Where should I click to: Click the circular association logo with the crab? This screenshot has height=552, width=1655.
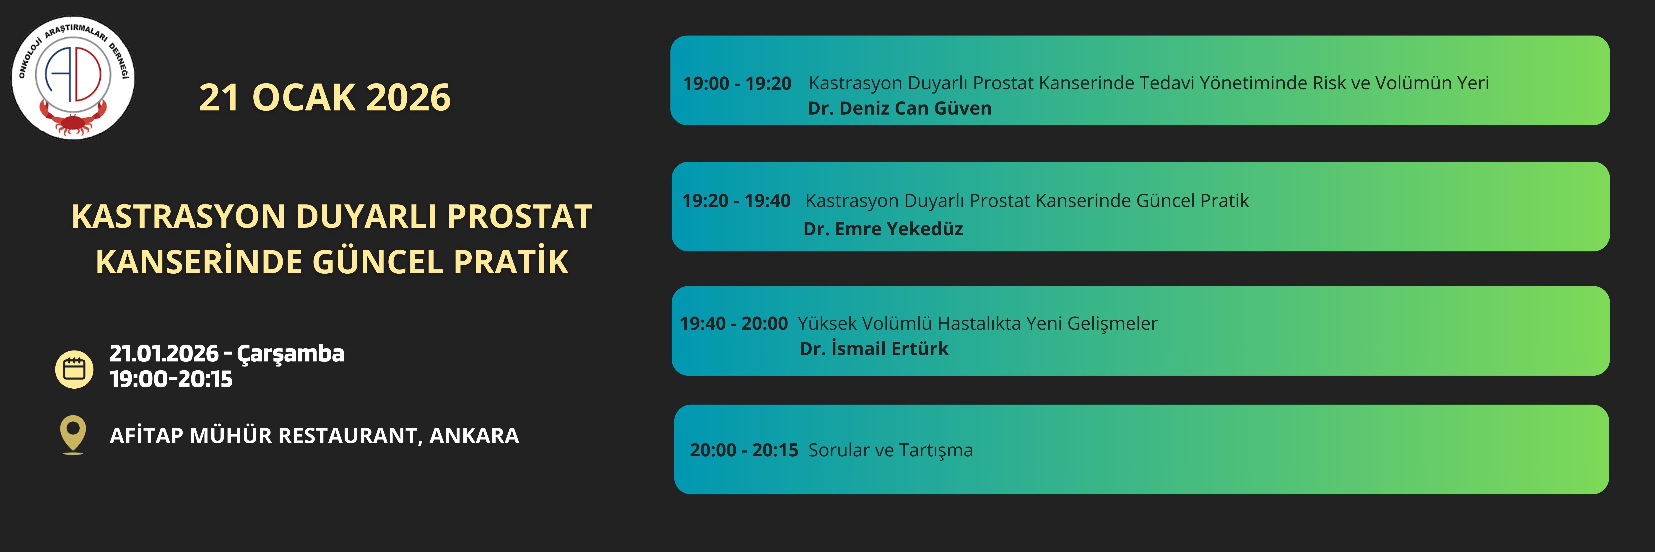73,78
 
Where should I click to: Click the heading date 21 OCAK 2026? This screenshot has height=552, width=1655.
325,98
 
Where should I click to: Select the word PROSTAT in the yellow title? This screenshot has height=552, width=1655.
520,217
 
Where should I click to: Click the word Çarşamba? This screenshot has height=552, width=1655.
290,354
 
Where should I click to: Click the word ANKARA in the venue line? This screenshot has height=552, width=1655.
474,436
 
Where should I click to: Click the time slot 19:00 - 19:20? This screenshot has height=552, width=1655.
737,84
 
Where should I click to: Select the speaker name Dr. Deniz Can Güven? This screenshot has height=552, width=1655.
899,109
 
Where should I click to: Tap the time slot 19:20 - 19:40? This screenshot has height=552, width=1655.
736,201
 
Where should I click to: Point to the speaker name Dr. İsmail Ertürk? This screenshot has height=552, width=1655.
874,349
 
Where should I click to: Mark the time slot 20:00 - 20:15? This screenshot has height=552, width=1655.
744,450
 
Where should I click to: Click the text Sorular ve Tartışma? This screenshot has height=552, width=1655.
891,450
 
